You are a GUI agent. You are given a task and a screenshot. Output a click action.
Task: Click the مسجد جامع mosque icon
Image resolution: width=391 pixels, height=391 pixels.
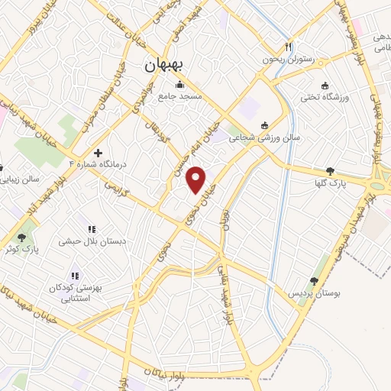(x=179, y=85)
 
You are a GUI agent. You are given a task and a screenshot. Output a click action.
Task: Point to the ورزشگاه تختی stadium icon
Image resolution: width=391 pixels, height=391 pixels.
(x=325, y=86)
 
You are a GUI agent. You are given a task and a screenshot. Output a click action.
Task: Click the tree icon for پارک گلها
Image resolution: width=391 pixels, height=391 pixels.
(x=330, y=171)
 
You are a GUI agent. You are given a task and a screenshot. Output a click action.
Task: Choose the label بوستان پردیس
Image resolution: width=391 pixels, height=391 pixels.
(x=312, y=293)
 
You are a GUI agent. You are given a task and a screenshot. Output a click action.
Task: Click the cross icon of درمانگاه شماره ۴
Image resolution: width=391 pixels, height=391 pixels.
(x=98, y=152)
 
